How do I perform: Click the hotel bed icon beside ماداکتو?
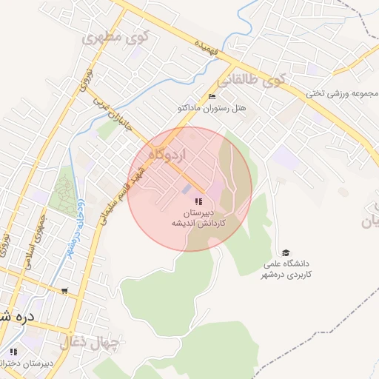point(212,96)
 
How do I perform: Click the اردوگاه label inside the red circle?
point(169,155)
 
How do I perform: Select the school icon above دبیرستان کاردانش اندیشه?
point(198,201)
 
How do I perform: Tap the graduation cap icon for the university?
point(286,252)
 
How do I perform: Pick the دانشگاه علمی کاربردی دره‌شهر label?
point(289,269)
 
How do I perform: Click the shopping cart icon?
point(65,290)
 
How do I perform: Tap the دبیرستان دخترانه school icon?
point(13,351)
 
